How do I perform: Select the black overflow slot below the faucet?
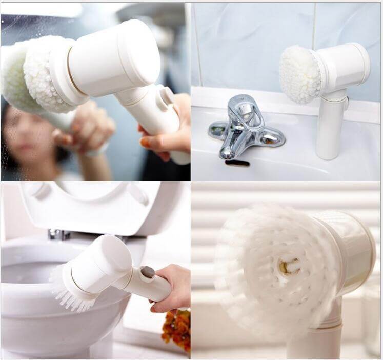click(237, 163)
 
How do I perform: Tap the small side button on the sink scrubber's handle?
click(347, 103)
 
